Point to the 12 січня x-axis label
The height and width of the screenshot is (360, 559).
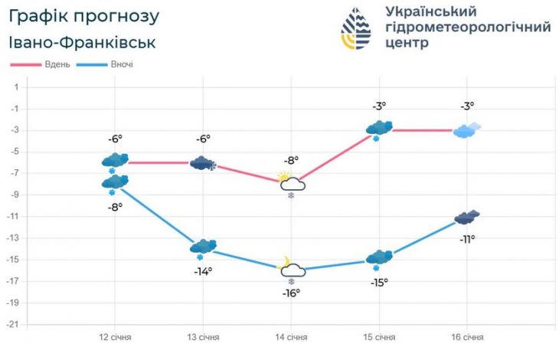(x=114, y=338)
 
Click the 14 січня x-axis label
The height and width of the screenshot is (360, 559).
(x=291, y=338)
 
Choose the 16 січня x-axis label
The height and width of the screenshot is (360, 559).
(x=466, y=338)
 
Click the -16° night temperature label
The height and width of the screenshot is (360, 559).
(x=291, y=293)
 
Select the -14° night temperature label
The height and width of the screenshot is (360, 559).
(x=202, y=270)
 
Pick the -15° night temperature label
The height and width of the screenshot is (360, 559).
(x=379, y=282)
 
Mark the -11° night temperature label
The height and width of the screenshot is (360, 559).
(x=466, y=238)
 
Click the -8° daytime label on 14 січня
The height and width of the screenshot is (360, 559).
(x=291, y=160)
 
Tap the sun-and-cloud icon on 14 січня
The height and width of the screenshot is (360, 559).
(x=292, y=182)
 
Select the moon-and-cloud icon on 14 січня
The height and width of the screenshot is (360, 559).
(x=292, y=267)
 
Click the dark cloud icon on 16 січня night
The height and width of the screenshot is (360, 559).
(x=467, y=218)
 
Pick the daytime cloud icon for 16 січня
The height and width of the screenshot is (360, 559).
(x=467, y=130)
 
